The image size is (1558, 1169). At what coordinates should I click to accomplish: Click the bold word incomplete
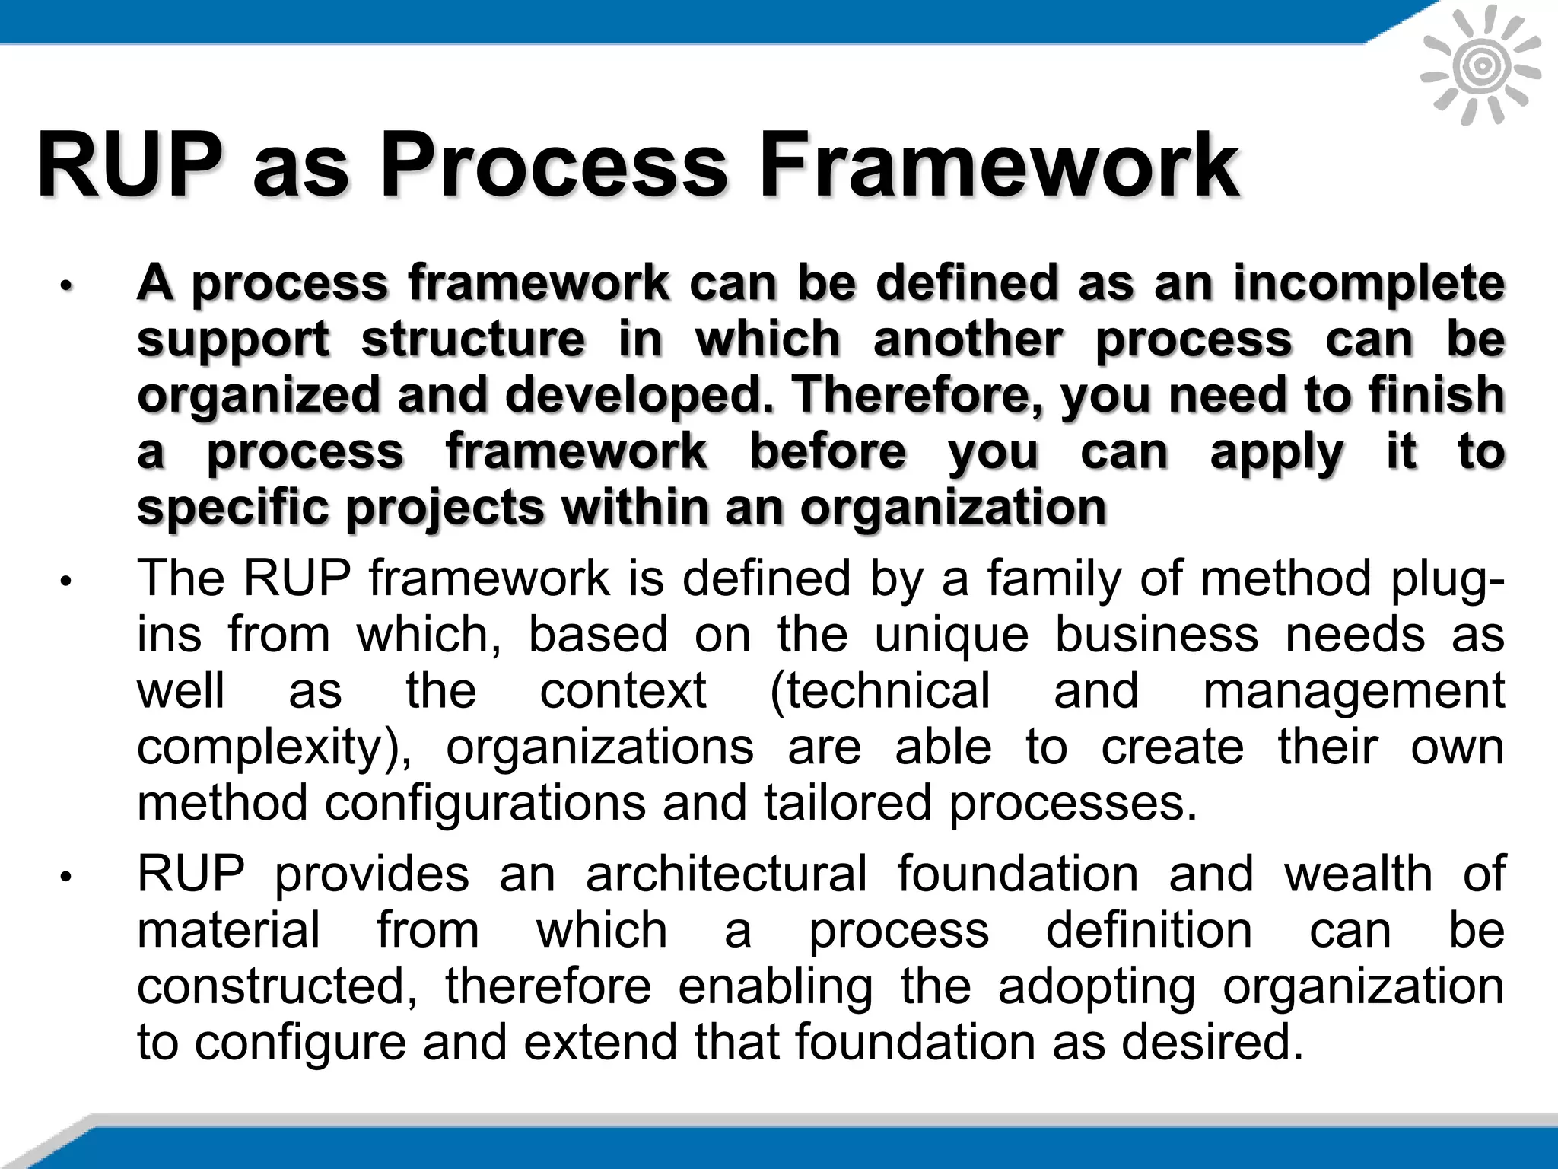(x=1369, y=283)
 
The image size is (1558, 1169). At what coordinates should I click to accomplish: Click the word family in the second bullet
(x=1054, y=578)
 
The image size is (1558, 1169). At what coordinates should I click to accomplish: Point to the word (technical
(x=880, y=691)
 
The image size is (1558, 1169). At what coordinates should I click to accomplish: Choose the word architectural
(x=726, y=874)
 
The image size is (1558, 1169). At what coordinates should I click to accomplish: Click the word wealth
(x=1359, y=874)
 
